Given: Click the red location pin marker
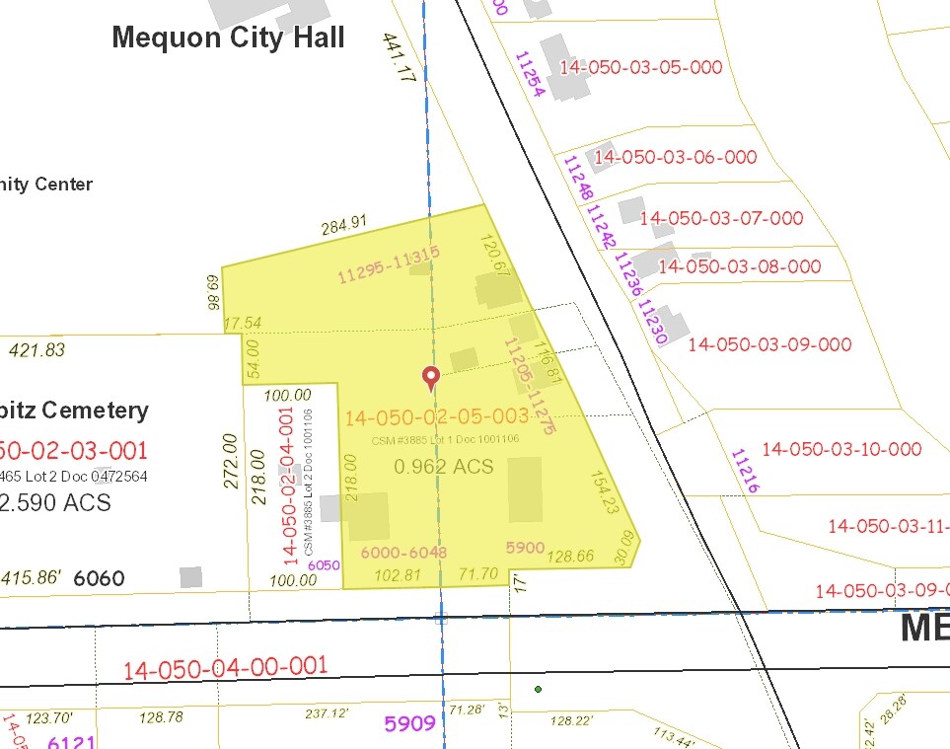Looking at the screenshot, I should point(430,376).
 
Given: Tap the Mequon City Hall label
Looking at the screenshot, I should point(228,37).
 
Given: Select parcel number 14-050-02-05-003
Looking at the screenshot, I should point(436,417).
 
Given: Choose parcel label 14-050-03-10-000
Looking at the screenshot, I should point(841,449).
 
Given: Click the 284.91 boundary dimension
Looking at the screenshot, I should point(343,226).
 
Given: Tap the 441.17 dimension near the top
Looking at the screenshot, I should point(401,56).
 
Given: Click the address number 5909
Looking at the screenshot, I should point(409,724).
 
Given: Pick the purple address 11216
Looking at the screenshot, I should point(745,471).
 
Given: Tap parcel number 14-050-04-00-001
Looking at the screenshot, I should point(225,668).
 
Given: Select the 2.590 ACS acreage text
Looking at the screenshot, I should point(56,503).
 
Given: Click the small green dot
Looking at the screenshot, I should point(538,689).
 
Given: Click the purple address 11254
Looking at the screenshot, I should point(528,75).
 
